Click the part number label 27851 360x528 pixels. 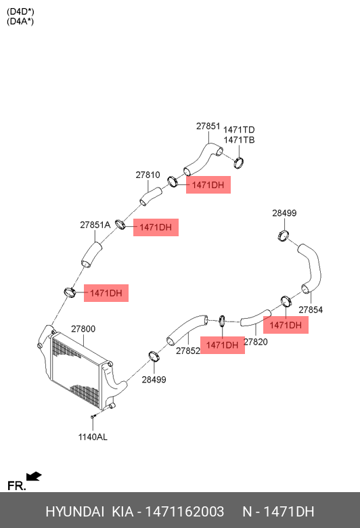coord(208,127)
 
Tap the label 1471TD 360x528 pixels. coord(239,130)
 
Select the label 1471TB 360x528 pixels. coord(239,140)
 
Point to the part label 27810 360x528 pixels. coord(148,175)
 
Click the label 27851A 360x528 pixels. coord(95,225)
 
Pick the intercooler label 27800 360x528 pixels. coord(83,329)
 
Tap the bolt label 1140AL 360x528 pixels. coord(93,437)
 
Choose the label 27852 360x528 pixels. coord(188,351)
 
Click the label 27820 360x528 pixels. coord(256,342)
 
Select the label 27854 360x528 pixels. coord(311,310)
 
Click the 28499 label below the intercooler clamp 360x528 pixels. coord(154,380)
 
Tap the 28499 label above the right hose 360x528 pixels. coord(284,213)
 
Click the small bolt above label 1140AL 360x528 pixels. coord(93,417)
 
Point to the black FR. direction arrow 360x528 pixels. coord(34,477)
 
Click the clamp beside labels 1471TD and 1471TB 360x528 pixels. coord(239,162)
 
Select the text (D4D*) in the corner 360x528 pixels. coord(20,12)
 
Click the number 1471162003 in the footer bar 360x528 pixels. coord(185,512)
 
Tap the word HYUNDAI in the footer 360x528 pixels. coord(74,512)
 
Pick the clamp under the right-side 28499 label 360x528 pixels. coord(284,235)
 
